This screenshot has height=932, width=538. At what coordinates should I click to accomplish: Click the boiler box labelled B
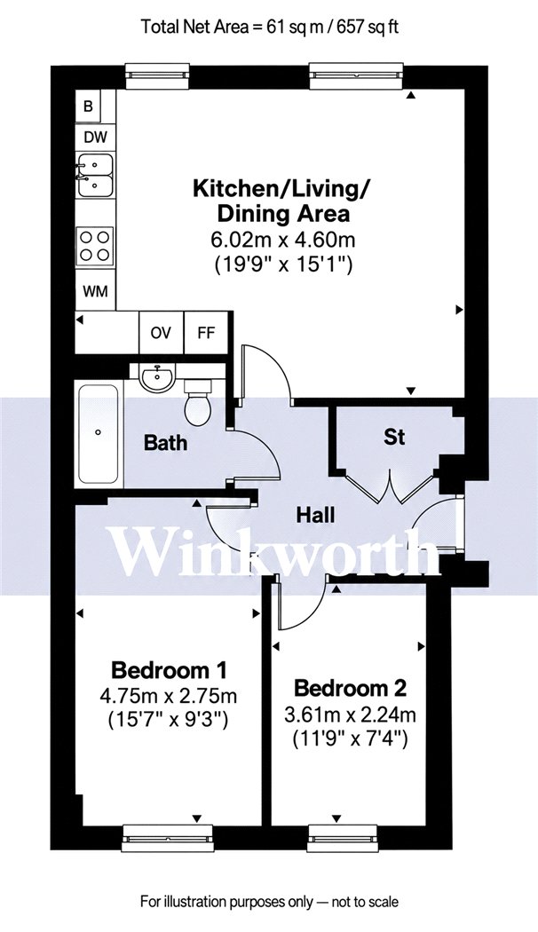point(87,106)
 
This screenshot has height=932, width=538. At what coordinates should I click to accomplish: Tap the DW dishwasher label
point(95,138)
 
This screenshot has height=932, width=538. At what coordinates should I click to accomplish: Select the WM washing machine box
point(95,292)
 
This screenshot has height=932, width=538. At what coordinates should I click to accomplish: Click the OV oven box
point(161,332)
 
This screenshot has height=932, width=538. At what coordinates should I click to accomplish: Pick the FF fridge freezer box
point(206,332)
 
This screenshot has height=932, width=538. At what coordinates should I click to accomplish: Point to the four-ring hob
point(95,246)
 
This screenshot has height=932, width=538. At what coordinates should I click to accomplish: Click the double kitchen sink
point(94,175)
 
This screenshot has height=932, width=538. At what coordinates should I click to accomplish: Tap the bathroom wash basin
point(157,377)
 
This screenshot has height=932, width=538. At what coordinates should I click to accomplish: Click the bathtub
point(99,435)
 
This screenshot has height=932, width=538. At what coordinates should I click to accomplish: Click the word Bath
point(166,442)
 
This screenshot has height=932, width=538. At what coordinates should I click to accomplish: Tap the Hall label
point(316,515)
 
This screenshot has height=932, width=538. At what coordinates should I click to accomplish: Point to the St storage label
point(394,437)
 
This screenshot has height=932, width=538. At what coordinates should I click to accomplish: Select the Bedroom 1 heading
point(170,670)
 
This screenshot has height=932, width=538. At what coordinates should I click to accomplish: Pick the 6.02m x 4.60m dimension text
point(283,241)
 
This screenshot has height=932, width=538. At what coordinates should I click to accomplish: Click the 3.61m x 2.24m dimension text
point(350,715)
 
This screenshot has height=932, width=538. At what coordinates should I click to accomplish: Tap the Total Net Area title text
point(270,27)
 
